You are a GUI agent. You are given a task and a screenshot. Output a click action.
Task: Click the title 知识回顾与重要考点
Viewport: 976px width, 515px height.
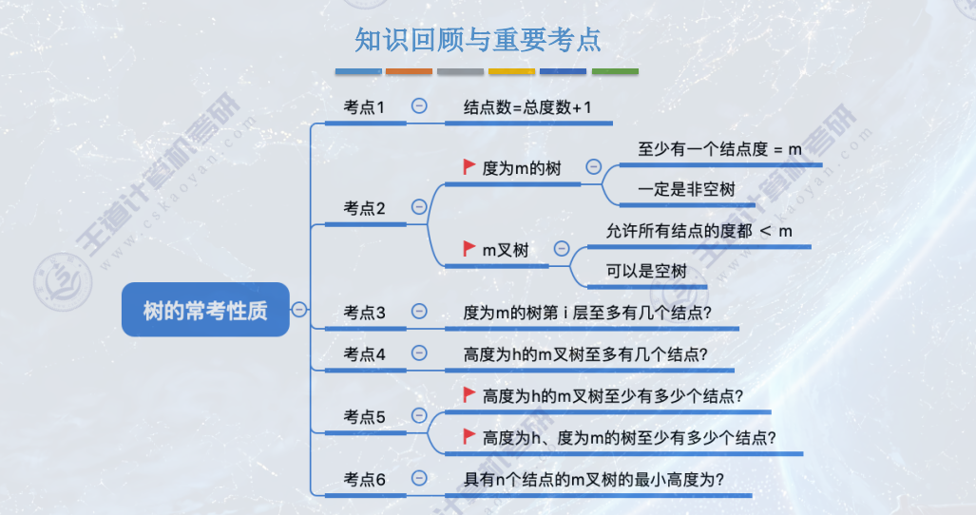pos(478,40)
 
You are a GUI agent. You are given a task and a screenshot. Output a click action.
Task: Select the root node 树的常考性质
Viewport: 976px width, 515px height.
pos(204,310)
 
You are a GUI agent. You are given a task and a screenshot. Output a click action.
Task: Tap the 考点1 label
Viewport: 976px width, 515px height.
pos(364,107)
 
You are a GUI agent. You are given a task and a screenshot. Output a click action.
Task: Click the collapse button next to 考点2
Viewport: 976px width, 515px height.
pos(419,206)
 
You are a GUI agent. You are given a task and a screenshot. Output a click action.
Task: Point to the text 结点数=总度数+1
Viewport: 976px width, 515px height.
pos(527,107)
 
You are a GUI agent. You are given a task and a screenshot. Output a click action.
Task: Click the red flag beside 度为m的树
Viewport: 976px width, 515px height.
pos(469,167)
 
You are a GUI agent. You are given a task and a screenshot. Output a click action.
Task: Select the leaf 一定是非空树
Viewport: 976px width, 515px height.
pos(686,189)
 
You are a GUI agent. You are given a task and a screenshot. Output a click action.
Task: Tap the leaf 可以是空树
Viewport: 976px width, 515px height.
pos(646,271)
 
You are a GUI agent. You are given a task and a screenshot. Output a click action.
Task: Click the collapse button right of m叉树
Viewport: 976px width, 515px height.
pos(562,248)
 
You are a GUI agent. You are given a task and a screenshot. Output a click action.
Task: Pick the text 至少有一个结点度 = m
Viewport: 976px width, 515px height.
pos(719,149)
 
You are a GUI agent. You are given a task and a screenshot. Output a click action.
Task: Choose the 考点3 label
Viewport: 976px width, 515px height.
pos(364,312)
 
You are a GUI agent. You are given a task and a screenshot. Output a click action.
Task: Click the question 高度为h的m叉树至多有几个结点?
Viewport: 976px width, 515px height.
pos(585,354)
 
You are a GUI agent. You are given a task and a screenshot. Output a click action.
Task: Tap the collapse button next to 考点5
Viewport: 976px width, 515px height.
pos(419,414)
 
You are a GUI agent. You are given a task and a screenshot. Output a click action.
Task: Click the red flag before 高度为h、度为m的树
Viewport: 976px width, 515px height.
pos(469,436)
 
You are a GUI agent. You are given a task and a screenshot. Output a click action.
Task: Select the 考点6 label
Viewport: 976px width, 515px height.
pos(364,479)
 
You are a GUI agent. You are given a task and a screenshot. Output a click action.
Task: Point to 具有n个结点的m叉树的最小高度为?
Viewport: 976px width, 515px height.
pos(594,480)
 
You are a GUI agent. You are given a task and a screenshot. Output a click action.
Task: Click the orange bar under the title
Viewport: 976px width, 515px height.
pos(409,71)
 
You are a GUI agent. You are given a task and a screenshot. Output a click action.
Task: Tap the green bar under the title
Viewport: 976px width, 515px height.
pos(615,71)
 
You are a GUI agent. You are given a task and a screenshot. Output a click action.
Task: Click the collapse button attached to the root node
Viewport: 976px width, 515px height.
pos(299,309)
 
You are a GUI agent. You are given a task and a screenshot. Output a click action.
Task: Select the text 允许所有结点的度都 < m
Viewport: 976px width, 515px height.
pos(699,231)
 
